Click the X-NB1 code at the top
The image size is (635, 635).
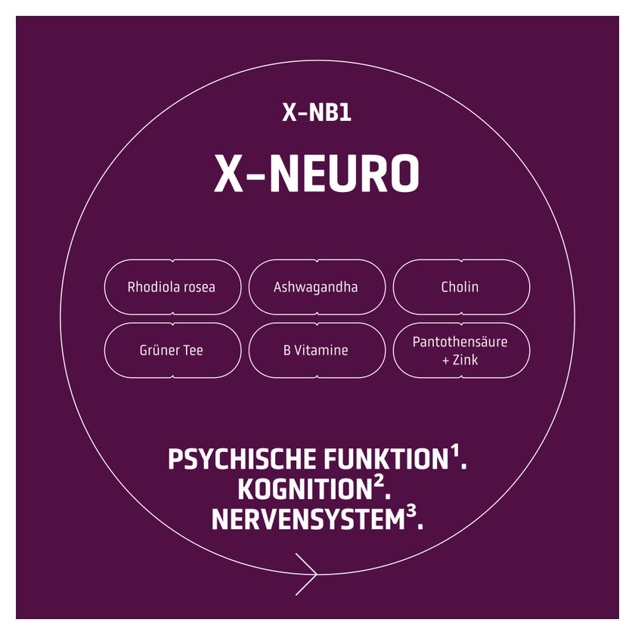[x=316, y=112]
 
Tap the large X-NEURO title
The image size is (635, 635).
[x=316, y=173]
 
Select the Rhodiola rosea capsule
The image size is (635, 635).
[x=173, y=287]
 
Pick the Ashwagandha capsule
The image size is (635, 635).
[x=317, y=287]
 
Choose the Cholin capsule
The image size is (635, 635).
[x=461, y=287]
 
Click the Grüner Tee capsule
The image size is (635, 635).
[x=173, y=350]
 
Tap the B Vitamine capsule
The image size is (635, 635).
[x=317, y=350]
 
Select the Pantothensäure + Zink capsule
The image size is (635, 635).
[x=461, y=350]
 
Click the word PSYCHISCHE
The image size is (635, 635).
[x=242, y=460]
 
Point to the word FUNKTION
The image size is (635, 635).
[x=386, y=460]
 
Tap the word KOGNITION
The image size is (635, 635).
[x=305, y=490]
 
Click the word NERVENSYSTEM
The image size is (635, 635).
[x=308, y=519]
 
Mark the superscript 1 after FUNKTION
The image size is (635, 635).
[x=455, y=451]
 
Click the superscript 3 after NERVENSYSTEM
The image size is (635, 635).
[x=411, y=512]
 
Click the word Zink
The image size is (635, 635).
[x=466, y=360]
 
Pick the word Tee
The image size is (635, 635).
[x=191, y=350]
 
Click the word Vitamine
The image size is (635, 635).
[x=321, y=350]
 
